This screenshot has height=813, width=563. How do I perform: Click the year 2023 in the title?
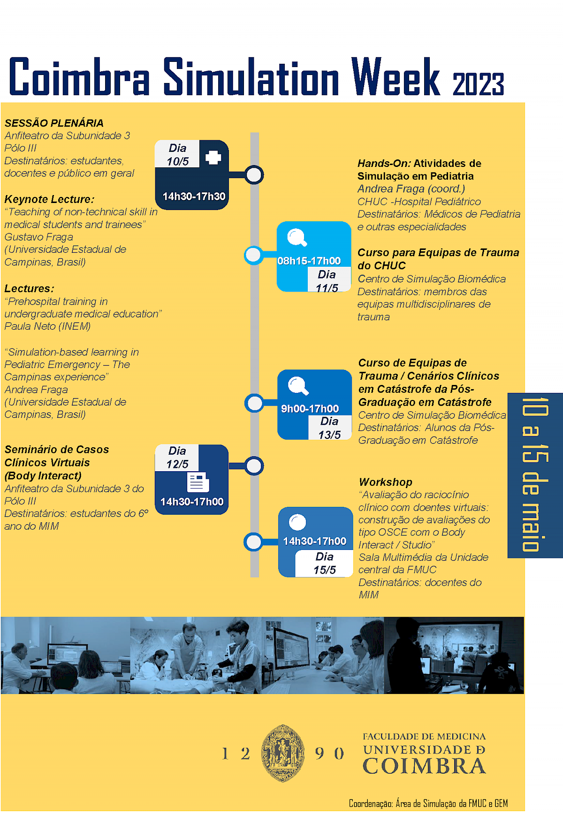(478, 84)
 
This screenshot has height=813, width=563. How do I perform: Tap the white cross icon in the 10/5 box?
(213, 157)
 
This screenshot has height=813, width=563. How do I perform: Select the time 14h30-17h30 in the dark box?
(194, 196)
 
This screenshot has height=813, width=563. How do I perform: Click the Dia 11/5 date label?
(327, 281)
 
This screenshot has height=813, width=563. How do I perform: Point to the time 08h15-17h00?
(309, 261)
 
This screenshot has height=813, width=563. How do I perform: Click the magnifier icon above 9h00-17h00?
(298, 386)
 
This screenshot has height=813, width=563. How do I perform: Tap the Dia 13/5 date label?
(329, 428)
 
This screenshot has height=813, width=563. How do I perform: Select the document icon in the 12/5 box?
(198, 482)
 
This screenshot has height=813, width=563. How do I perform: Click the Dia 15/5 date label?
(325, 563)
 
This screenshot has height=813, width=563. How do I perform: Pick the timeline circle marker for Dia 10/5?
(254, 175)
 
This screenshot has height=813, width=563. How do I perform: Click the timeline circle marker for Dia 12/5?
(254, 466)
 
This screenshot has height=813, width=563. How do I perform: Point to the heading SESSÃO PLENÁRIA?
(54, 123)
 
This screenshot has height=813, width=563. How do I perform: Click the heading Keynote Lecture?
(49, 199)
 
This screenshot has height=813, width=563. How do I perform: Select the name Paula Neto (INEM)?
(47, 326)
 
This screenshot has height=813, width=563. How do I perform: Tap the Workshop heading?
(385, 482)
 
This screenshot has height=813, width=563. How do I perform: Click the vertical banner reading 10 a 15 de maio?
(535, 474)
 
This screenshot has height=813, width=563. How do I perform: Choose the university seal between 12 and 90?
(283, 753)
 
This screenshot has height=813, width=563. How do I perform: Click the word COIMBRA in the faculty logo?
(424, 766)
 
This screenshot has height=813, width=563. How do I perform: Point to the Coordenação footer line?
(428, 804)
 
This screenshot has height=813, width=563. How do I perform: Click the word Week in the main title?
(395, 77)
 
